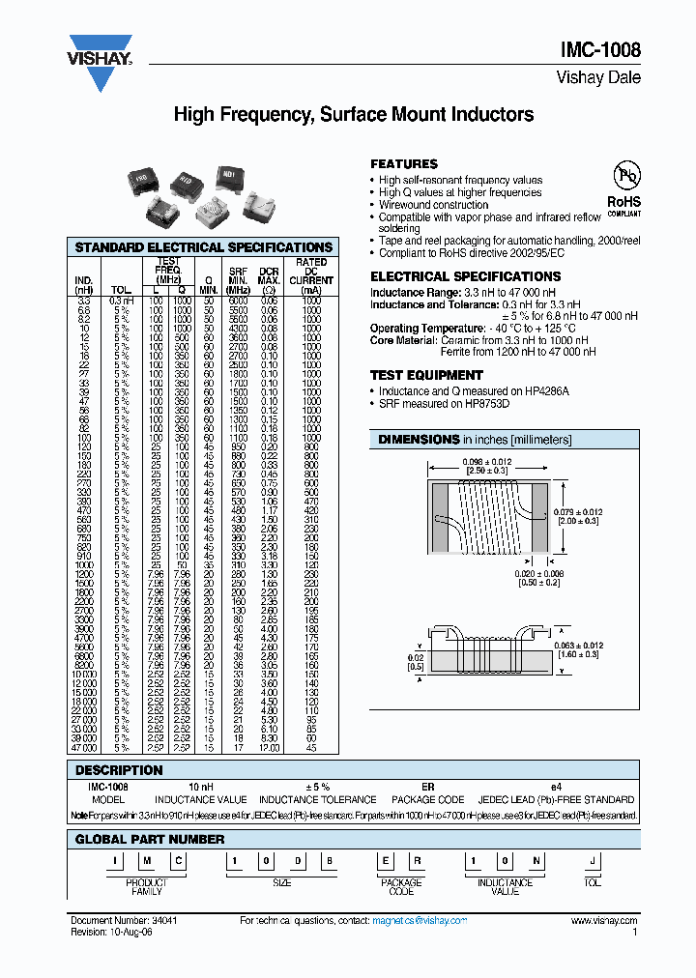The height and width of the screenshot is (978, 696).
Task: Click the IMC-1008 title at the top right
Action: click(x=601, y=51)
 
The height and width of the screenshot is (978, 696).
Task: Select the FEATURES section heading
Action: click(x=404, y=164)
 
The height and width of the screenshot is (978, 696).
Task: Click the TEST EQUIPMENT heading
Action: click(x=426, y=375)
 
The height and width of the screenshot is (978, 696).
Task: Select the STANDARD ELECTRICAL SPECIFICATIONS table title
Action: click(x=204, y=247)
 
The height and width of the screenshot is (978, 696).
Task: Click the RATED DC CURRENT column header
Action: click(x=310, y=274)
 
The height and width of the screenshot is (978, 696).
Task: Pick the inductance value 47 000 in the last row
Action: click(x=83, y=748)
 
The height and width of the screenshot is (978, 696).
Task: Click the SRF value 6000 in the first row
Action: click(x=238, y=302)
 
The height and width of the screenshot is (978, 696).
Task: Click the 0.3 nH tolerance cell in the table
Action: click(x=121, y=302)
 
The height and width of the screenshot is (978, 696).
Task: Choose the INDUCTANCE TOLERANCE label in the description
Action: click(x=317, y=799)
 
